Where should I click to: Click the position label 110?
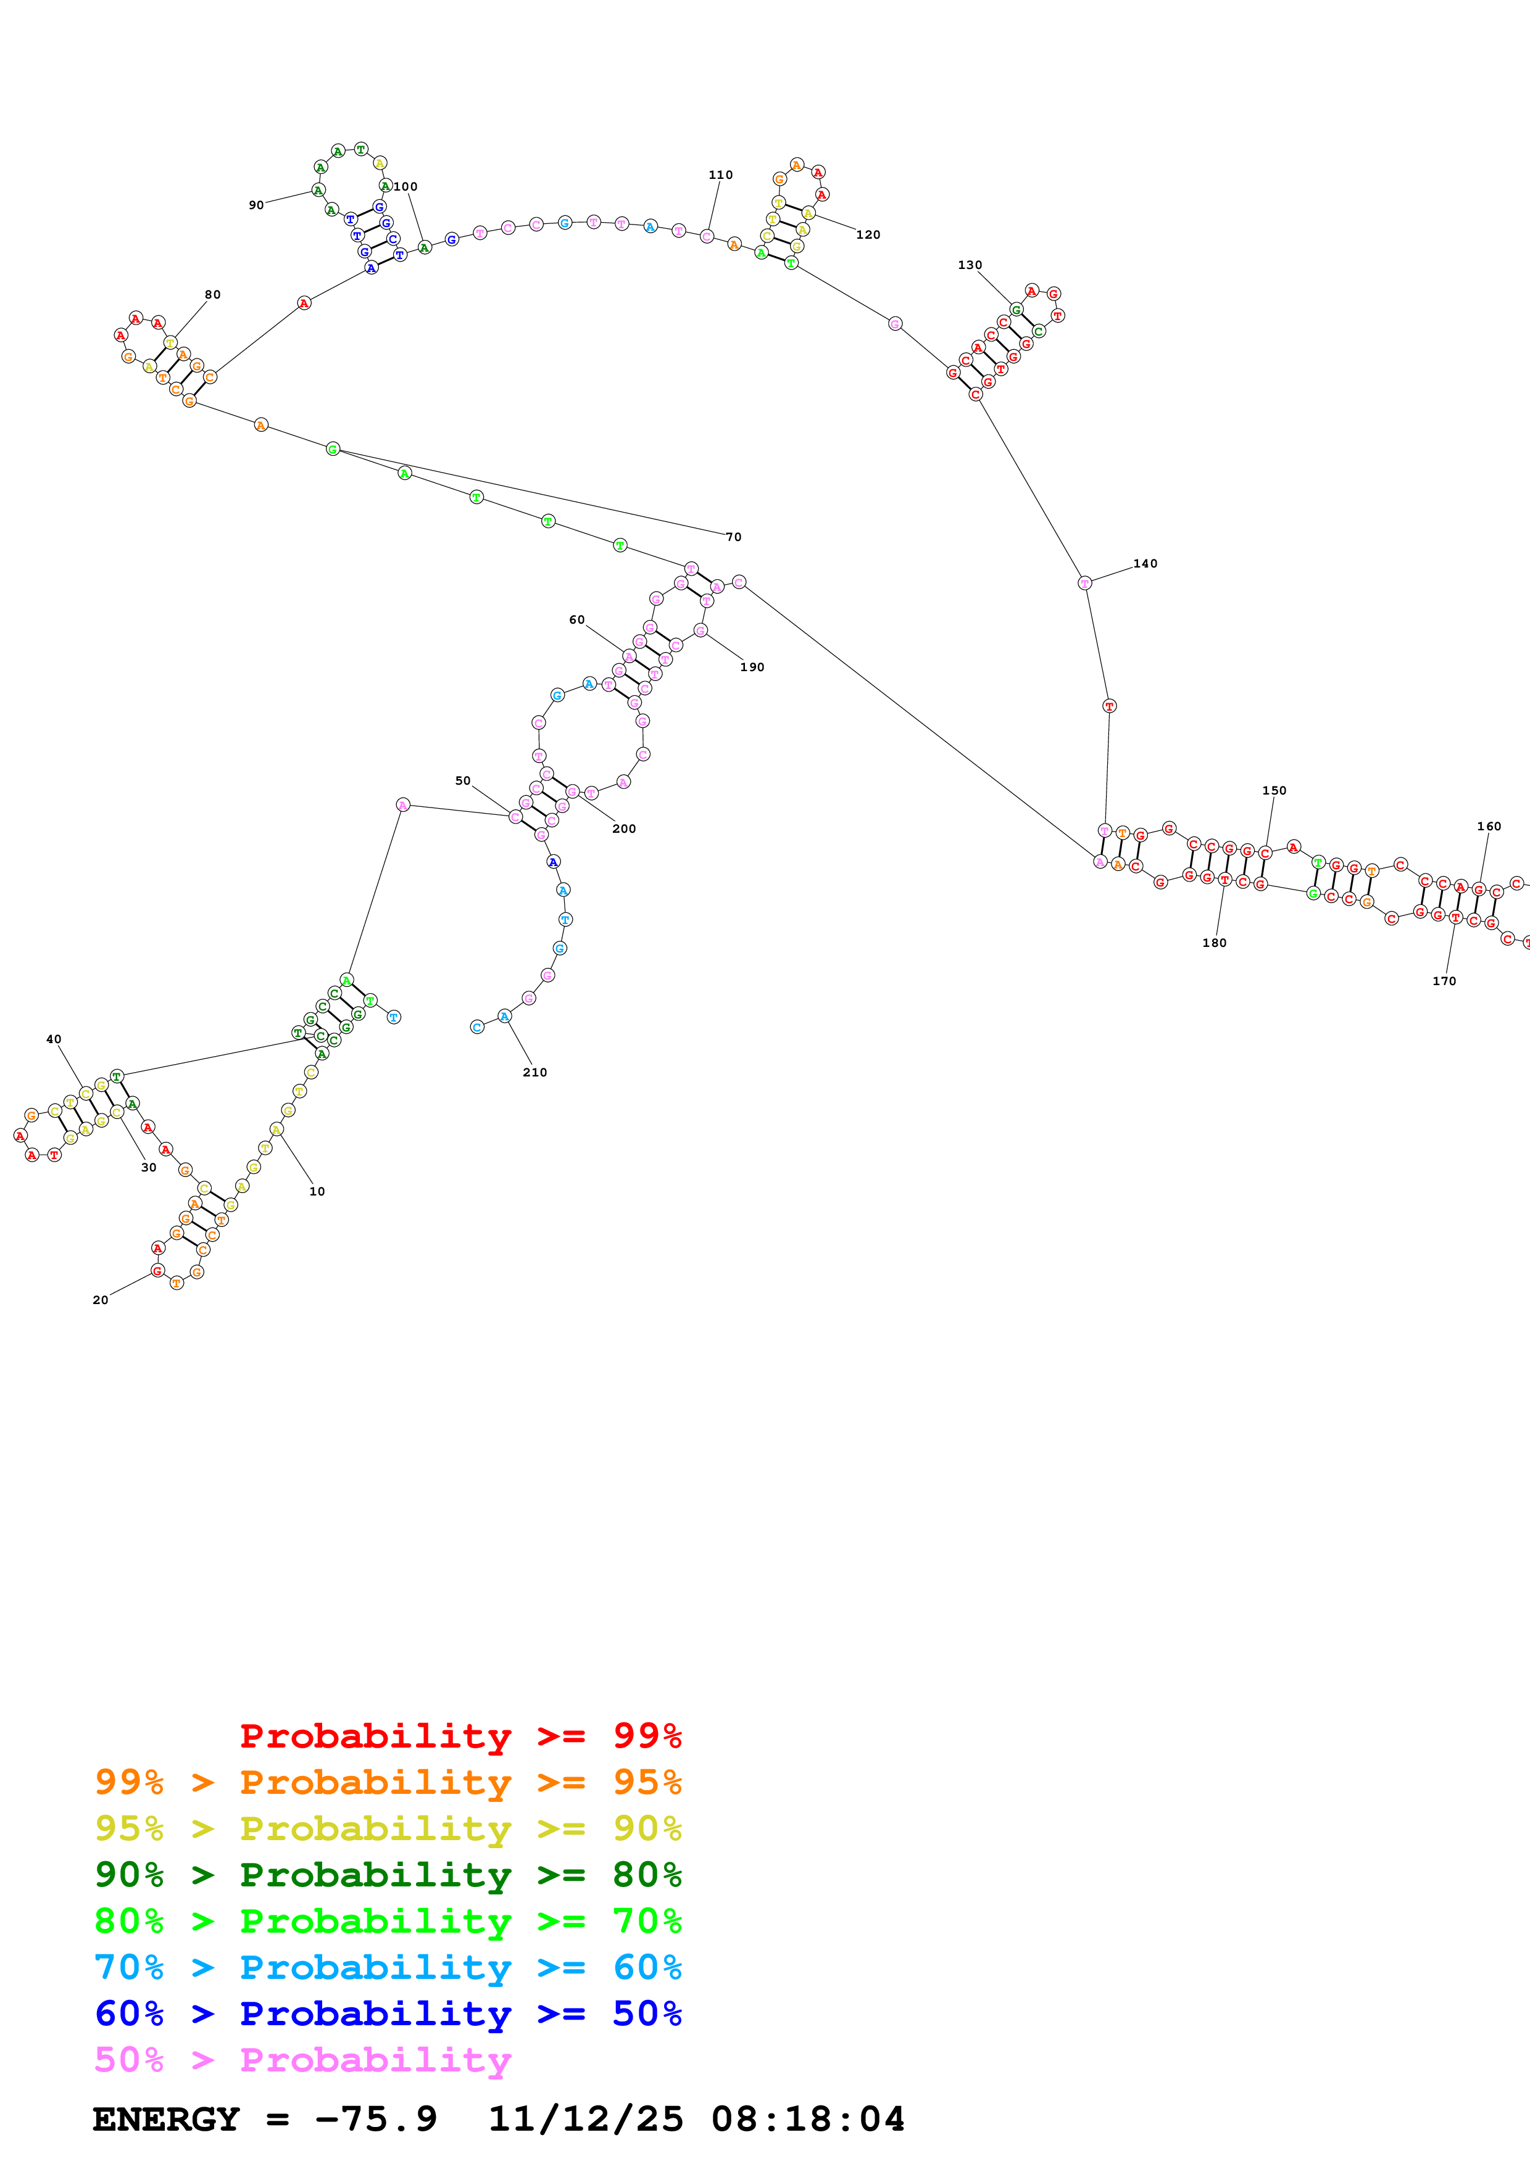(x=720, y=175)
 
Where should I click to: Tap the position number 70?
(x=733, y=537)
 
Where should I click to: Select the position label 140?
(x=1144, y=564)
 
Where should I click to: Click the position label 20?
(x=101, y=1300)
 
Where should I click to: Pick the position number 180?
(x=1214, y=943)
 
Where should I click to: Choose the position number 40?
(x=54, y=1039)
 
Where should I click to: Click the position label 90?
(x=256, y=205)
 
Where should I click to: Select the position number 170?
(x=1444, y=981)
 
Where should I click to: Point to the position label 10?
(x=317, y=1191)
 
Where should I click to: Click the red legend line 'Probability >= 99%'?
(x=460, y=1735)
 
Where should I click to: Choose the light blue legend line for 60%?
(x=388, y=1967)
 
